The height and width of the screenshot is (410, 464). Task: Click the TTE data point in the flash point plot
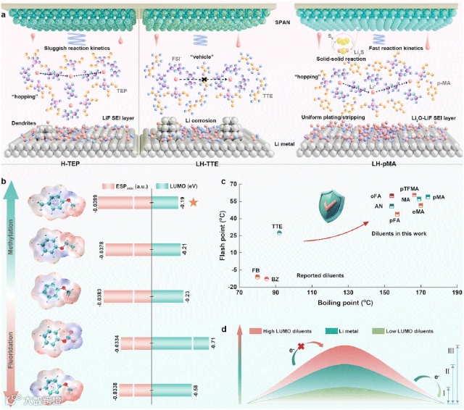coord(279,233)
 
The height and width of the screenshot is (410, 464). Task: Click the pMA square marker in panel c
coord(428,197)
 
